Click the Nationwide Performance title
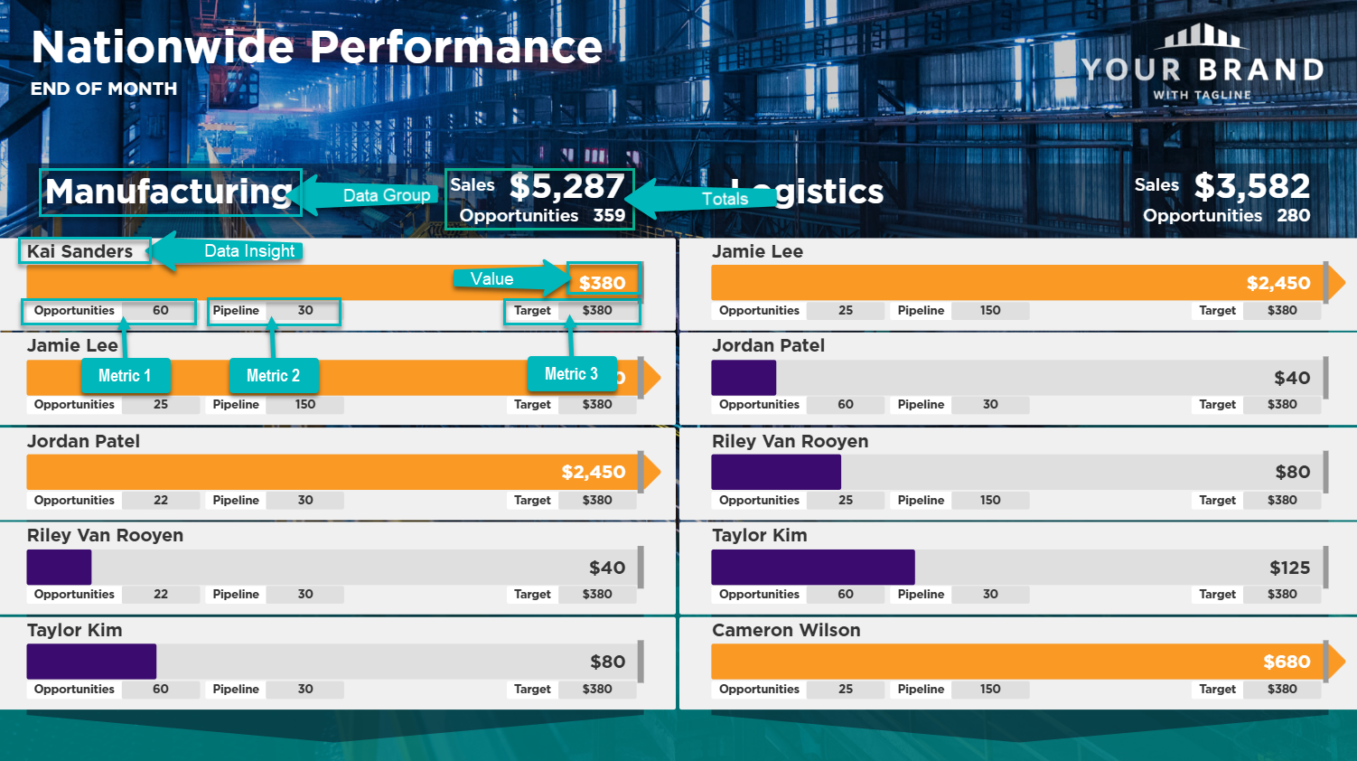(x=316, y=47)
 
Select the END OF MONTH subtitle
(x=104, y=89)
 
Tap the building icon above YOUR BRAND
(x=1203, y=36)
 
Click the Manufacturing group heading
(x=169, y=192)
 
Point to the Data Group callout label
(x=386, y=195)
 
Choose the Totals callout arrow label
(x=725, y=199)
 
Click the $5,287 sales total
(x=566, y=186)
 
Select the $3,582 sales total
(x=1251, y=186)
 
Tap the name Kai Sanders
(x=80, y=251)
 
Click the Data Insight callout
(x=248, y=251)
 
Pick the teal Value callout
(x=492, y=279)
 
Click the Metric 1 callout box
(x=125, y=375)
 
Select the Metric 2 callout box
(x=273, y=375)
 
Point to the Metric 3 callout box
(x=571, y=374)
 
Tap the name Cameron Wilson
(x=786, y=630)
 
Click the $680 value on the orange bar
(x=1286, y=662)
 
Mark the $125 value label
(x=1289, y=568)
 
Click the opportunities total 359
(x=609, y=215)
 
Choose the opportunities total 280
(x=1293, y=215)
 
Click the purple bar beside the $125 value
(x=812, y=567)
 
